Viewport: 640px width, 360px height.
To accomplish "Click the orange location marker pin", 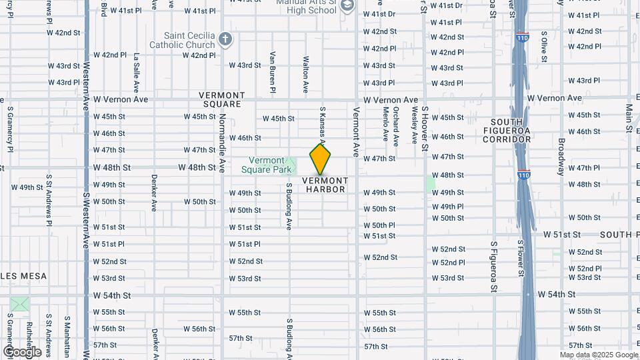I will [321, 159].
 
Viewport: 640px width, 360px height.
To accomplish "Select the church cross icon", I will [225, 39].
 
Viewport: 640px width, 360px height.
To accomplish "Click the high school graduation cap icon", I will [347, 6].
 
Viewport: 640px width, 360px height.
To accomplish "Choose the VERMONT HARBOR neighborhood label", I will [326, 185].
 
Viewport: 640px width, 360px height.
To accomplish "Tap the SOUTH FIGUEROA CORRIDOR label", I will [511, 131].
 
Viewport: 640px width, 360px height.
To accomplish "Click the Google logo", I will [22, 351].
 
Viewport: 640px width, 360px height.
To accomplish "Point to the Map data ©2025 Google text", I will [599, 355].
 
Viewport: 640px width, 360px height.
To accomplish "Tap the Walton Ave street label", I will [306, 73].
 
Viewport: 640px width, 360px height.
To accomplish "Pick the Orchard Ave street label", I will [395, 123].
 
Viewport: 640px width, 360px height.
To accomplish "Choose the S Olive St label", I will [544, 46].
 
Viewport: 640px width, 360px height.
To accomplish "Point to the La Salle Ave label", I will [136, 72].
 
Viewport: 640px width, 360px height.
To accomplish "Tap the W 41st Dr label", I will [379, 14].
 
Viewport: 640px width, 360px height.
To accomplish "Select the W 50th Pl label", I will [379, 225].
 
